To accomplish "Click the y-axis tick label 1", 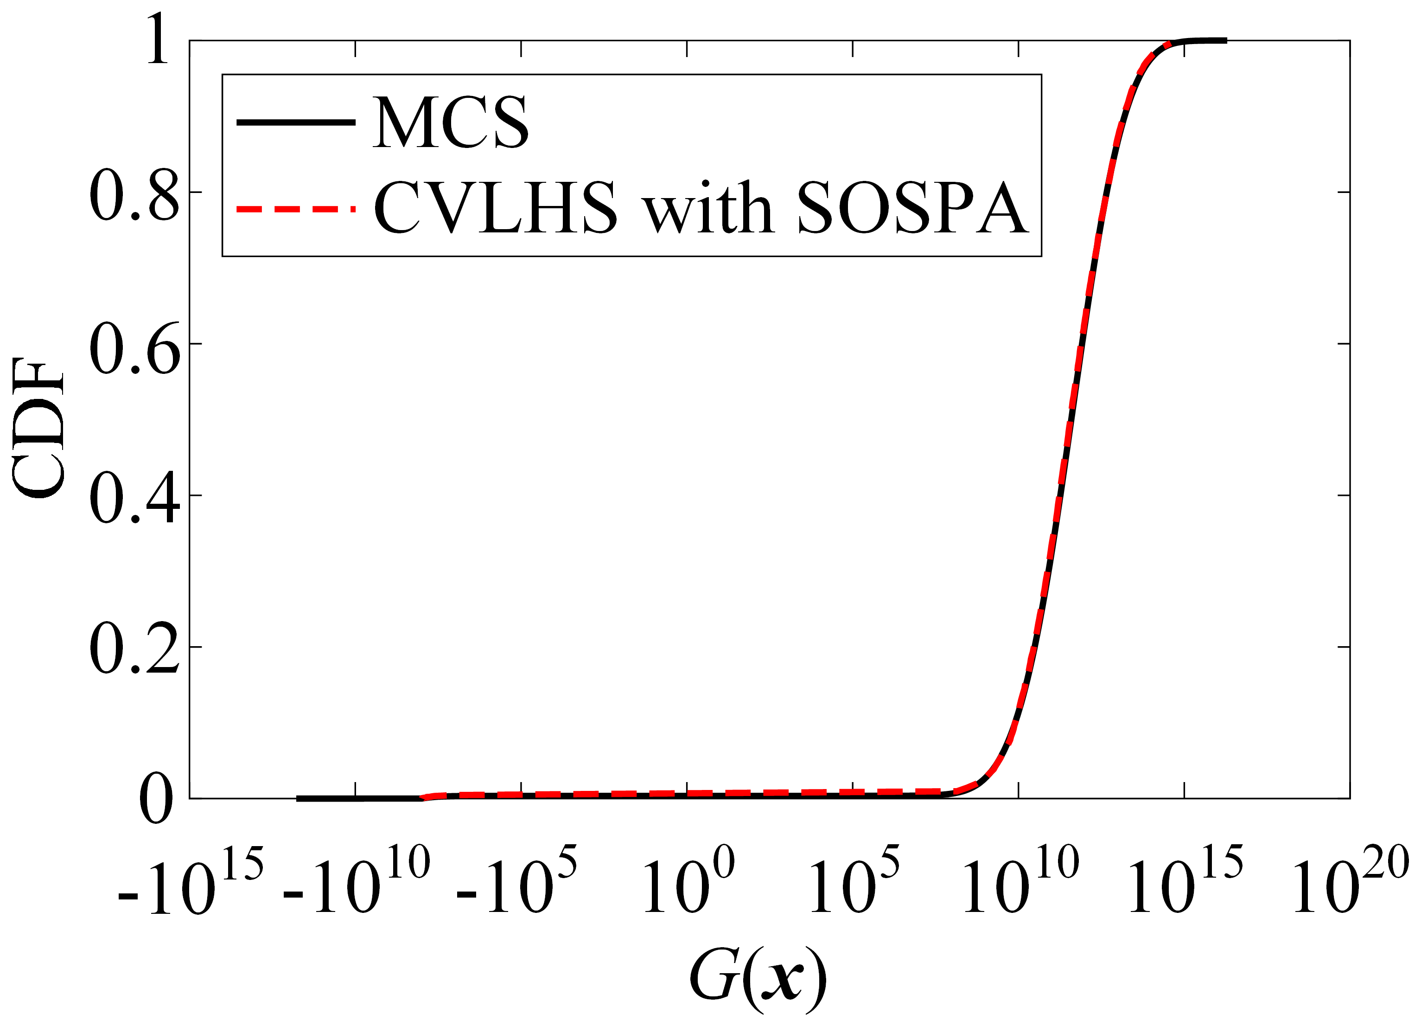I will point(158,40).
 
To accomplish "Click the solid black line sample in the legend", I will point(296,122).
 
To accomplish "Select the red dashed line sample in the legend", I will point(296,209).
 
